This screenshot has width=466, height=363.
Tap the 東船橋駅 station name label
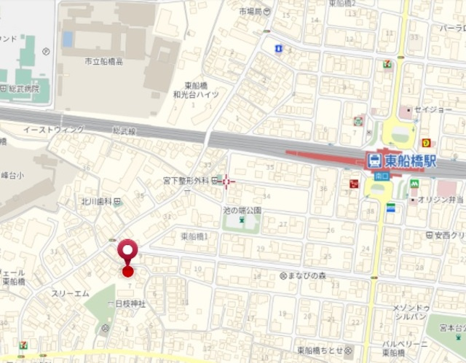(410, 160)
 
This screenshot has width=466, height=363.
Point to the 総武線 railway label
(124, 129)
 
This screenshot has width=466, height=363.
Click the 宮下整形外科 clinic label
(186, 180)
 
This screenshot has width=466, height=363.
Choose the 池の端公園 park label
(242, 210)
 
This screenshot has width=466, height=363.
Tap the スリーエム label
(70, 293)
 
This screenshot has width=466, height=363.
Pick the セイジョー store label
(435, 109)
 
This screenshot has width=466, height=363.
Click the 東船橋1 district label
(194, 237)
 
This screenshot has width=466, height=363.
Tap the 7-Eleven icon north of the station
(387, 64)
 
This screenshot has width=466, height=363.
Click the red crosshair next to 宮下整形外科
(229, 181)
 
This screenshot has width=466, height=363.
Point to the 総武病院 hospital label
(25, 88)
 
